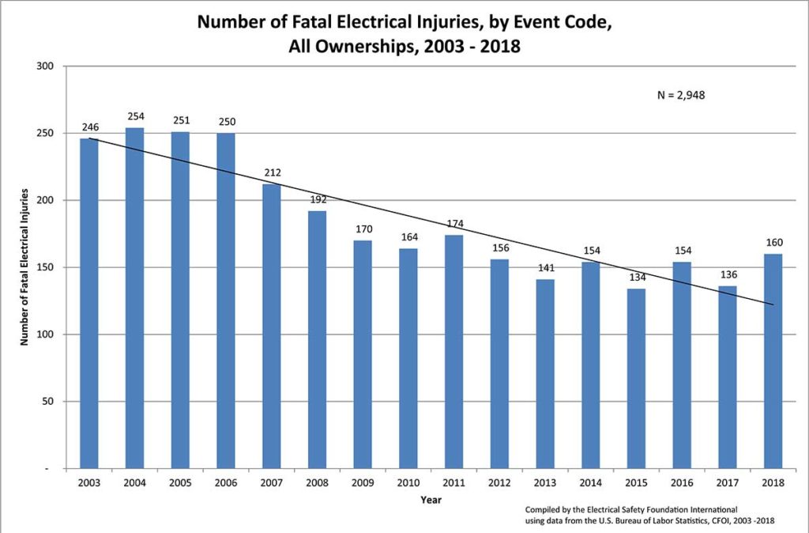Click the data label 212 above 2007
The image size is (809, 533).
[273, 172]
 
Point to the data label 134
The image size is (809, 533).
[636, 278]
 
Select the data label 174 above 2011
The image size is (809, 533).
[453, 224]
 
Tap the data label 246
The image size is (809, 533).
[89, 127]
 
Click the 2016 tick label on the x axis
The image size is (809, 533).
[681, 482]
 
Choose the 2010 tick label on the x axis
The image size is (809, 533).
[408, 482]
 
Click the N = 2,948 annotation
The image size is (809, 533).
[680, 95]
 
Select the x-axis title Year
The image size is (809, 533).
[431, 499]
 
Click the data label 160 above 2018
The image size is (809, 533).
[773, 243]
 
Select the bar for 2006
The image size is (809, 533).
[225, 301]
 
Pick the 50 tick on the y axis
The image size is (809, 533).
[47, 402]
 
